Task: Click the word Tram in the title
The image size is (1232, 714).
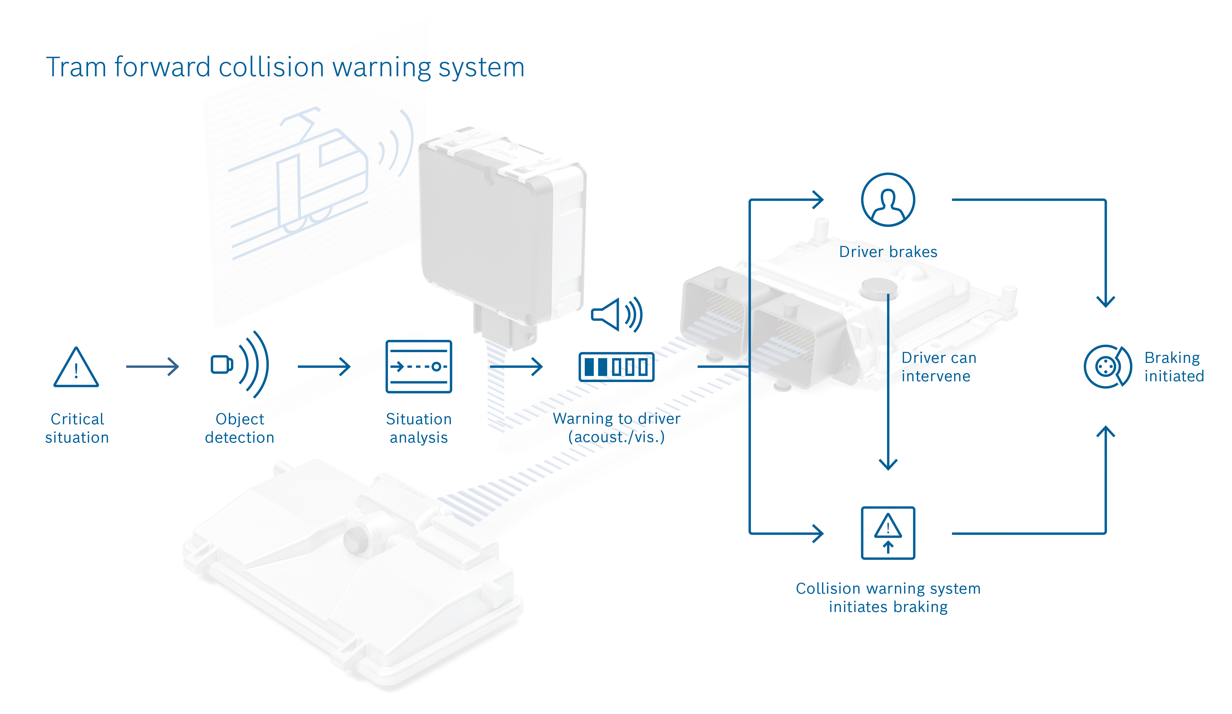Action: (x=76, y=67)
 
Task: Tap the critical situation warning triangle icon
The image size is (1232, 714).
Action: (x=76, y=368)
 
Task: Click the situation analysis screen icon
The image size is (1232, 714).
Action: (x=419, y=366)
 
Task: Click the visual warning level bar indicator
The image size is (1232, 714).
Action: (x=616, y=367)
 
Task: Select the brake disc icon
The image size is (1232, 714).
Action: (x=1107, y=366)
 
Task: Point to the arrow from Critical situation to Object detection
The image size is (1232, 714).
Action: (x=153, y=366)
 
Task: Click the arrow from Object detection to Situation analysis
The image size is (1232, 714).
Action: (x=324, y=366)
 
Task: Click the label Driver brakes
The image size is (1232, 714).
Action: (x=888, y=252)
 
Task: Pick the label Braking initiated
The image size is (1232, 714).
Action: (x=1173, y=367)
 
